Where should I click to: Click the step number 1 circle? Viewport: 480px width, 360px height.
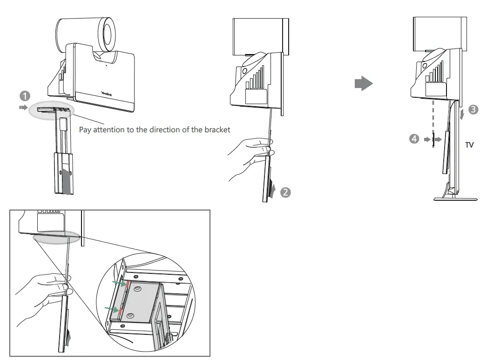click(25, 96)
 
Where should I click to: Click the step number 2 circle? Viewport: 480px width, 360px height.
click(286, 192)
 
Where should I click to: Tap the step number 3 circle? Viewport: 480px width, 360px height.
click(473, 110)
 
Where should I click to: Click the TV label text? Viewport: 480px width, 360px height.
click(469, 145)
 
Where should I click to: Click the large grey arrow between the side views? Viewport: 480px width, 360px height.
click(364, 84)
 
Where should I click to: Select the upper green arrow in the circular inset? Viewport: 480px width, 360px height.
click(119, 283)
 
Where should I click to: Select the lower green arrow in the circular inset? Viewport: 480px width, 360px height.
click(111, 308)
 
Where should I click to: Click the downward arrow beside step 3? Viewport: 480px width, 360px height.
click(461, 114)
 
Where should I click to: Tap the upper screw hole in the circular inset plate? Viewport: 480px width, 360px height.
click(138, 289)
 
